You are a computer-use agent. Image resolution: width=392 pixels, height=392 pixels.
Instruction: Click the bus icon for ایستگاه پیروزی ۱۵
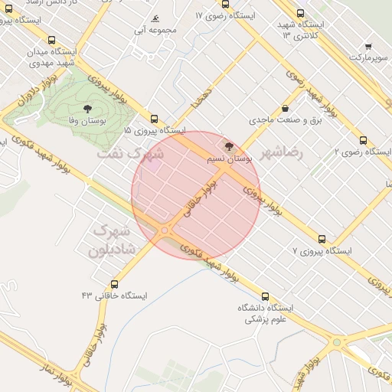(155, 119)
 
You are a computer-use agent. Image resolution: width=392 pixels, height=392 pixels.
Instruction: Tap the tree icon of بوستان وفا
(87, 108)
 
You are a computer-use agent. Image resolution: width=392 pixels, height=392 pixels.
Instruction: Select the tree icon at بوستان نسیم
(227, 145)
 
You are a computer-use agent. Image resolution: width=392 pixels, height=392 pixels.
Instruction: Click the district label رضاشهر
(282, 152)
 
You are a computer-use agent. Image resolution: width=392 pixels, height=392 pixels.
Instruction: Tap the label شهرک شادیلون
(113, 240)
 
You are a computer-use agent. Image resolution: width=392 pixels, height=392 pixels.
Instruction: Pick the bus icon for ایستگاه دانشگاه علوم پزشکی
(266, 296)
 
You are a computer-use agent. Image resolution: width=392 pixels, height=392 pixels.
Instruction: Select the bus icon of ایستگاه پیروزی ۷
(322, 239)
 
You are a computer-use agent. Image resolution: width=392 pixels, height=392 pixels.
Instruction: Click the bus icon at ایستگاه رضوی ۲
(363, 140)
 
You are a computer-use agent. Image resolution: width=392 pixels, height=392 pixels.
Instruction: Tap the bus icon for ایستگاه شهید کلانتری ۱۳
(299, 13)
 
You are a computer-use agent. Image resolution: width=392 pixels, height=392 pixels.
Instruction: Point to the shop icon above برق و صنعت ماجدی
(286, 108)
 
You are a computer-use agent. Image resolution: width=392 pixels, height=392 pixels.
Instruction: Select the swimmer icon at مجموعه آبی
(155, 18)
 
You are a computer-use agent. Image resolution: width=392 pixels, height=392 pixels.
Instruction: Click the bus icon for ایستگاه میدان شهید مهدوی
(51, 41)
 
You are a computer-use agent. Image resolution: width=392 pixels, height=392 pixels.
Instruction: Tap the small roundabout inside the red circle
(165, 230)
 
